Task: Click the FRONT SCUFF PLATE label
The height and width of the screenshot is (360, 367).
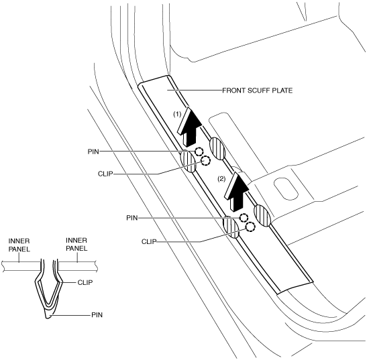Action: [257, 91]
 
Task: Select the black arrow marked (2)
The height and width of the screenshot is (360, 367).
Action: [237, 190]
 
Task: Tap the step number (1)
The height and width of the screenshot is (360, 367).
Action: [177, 115]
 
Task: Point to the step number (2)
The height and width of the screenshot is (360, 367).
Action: [221, 179]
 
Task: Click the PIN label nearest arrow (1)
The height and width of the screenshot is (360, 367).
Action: [93, 152]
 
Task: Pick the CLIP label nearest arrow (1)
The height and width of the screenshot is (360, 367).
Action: [105, 174]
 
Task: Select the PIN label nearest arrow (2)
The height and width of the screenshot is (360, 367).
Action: [132, 218]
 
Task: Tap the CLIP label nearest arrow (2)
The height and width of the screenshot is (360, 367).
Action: [149, 241]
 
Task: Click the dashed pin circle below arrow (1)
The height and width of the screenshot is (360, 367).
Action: [199, 152]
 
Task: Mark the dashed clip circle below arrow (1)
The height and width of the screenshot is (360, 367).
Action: [206, 160]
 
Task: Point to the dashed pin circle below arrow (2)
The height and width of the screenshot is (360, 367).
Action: [244, 218]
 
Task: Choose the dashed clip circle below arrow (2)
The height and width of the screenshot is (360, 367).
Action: [250, 227]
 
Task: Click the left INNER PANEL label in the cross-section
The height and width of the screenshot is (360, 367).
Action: [19, 245]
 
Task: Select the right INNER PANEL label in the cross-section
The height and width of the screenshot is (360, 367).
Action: [76, 245]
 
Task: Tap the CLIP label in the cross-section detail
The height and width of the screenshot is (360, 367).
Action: [85, 283]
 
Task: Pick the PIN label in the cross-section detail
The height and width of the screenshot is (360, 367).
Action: [97, 315]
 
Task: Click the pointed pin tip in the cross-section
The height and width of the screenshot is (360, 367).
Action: [48, 318]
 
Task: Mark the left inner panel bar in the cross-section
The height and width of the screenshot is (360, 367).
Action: [21, 266]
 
